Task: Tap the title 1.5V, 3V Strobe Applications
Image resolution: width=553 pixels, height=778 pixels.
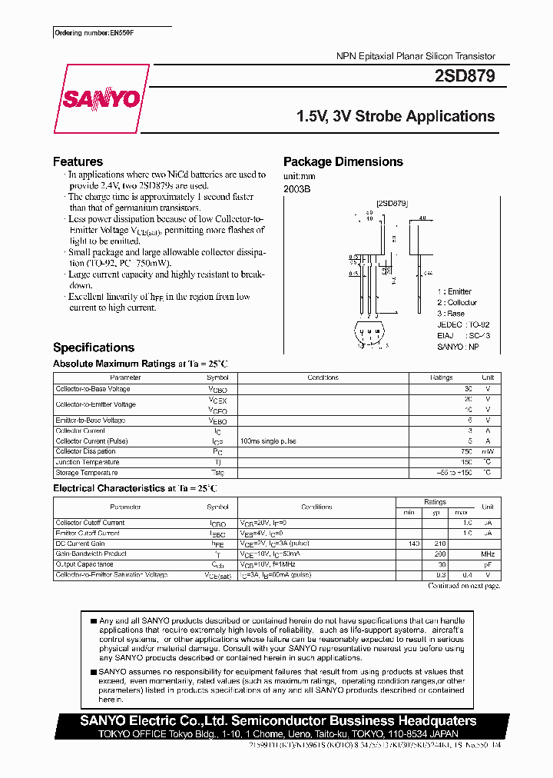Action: click(396, 117)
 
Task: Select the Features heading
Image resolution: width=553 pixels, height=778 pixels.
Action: click(78, 161)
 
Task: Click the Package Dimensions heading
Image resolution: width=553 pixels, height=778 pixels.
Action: click(343, 161)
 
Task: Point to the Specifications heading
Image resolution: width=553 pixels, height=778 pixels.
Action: click(93, 347)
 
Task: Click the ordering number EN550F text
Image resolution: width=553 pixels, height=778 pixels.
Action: click(89, 34)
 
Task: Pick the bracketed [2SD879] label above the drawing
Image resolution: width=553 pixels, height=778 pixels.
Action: click(392, 203)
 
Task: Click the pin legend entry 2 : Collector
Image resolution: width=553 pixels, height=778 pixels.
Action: click(457, 302)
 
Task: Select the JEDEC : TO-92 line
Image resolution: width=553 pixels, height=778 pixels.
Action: click(463, 324)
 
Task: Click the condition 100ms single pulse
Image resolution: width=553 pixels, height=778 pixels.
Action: click(268, 441)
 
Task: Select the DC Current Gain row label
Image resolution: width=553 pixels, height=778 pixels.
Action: click(81, 544)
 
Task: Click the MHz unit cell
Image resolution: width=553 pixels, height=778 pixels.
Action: click(487, 554)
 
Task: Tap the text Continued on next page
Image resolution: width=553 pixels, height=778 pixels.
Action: click(464, 586)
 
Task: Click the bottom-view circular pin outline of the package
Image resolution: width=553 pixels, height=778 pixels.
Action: click(370, 336)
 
